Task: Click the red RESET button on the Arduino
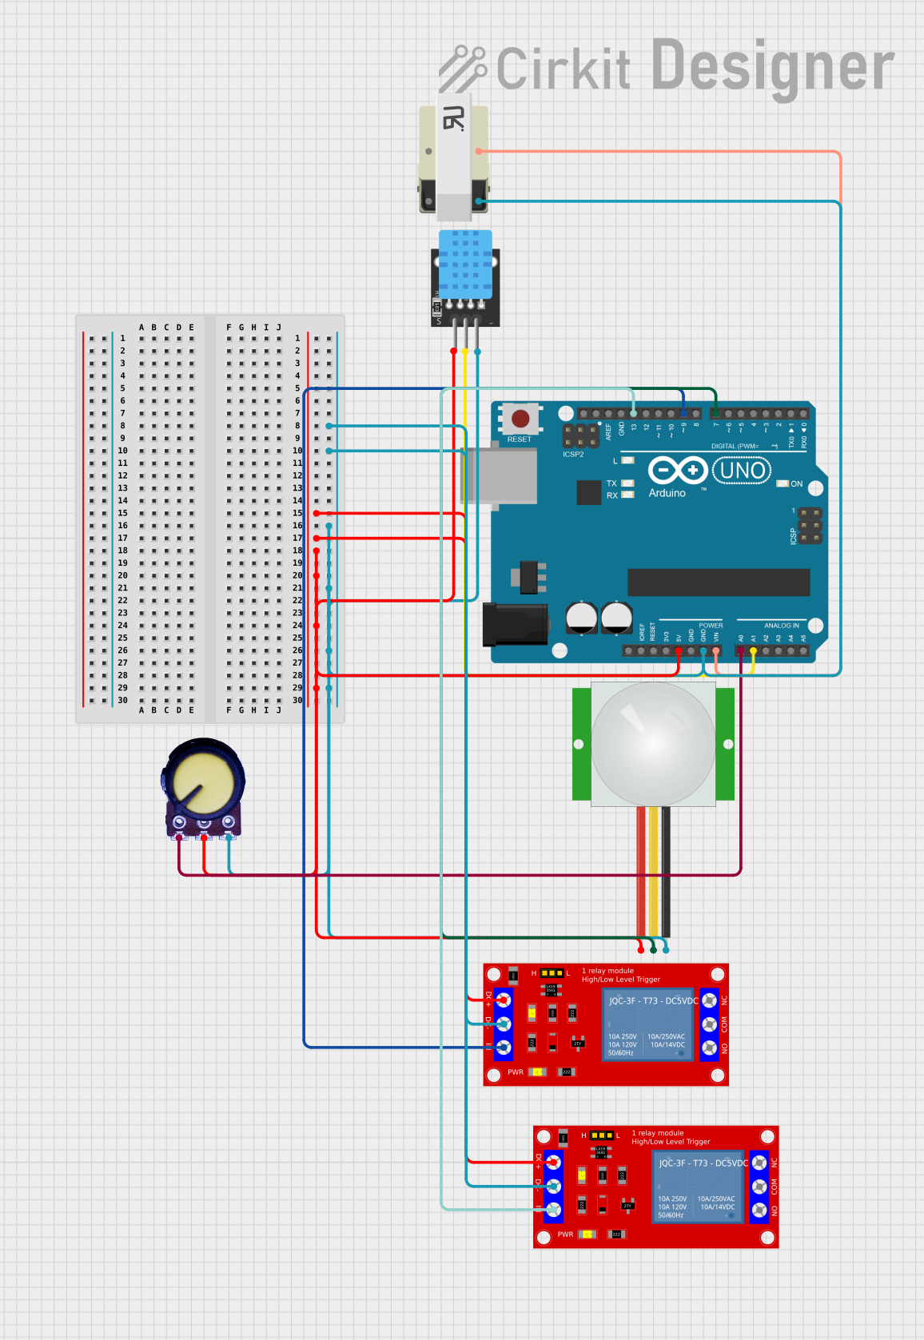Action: (x=520, y=419)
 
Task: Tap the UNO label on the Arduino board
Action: (x=742, y=471)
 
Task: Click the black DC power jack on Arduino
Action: (x=515, y=624)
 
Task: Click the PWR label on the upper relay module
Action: (x=516, y=1072)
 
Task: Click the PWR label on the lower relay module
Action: (x=565, y=1235)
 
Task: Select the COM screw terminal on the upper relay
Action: (x=709, y=1024)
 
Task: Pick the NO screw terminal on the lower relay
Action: (x=759, y=1211)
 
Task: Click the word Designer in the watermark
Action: (x=772, y=67)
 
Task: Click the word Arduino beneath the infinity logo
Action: (x=667, y=493)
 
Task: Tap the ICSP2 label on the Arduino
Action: (x=573, y=455)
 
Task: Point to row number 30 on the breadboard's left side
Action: (x=122, y=700)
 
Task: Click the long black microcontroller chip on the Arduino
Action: (x=718, y=582)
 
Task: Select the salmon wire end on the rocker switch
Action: (x=480, y=151)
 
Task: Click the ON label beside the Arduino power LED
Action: (x=796, y=484)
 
